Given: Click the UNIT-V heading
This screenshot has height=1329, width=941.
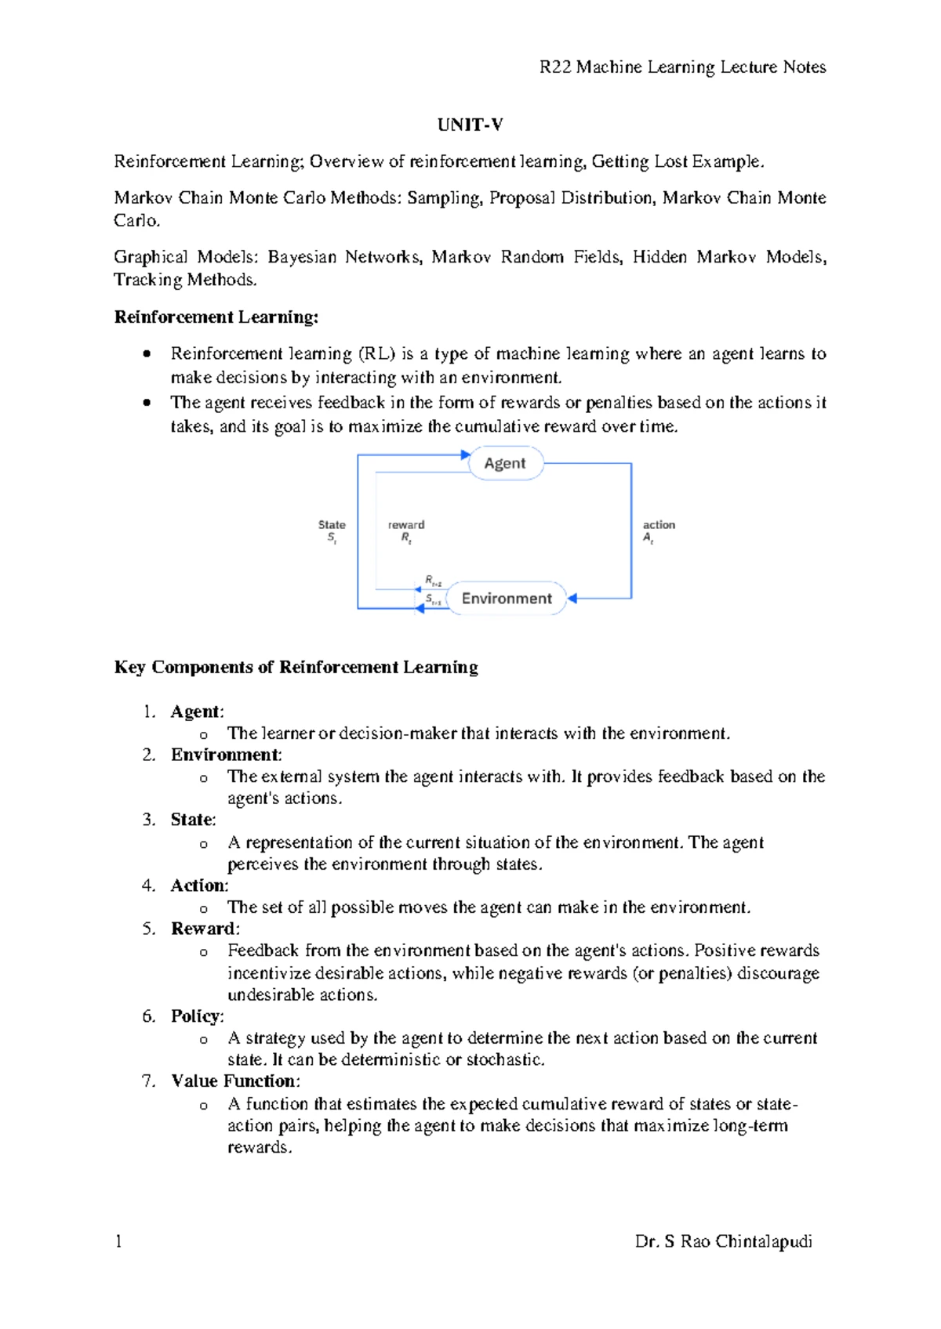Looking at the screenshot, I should pyautogui.click(x=470, y=125).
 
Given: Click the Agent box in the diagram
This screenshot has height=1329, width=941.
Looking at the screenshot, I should pyautogui.click(x=505, y=463).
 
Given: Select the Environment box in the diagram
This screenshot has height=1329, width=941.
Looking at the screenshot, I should pyautogui.click(x=506, y=599).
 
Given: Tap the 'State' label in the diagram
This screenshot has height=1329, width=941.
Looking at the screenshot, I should pyautogui.click(x=332, y=525).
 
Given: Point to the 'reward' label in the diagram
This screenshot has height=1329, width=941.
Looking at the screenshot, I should pyautogui.click(x=406, y=525).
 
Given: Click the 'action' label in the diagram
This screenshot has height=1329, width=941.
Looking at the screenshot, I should pyautogui.click(x=659, y=525).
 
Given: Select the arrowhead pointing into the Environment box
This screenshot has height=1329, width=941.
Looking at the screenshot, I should pyautogui.click(x=572, y=599).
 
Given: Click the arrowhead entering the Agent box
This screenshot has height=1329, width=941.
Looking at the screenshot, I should pyautogui.click(x=466, y=454).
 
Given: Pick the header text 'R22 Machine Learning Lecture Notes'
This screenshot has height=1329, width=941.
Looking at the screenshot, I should pyautogui.click(x=682, y=67).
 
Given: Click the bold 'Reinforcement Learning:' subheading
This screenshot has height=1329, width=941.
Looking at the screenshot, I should pyautogui.click(x=216, y=317).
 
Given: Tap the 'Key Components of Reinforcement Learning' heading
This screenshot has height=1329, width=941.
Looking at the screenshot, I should pyautogui.click(x=296, y=667).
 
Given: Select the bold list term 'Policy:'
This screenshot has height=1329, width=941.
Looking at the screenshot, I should pyautogui.click(x=197, y=1016).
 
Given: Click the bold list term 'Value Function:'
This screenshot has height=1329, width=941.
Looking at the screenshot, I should pyautogui.click(x=235, y=1081).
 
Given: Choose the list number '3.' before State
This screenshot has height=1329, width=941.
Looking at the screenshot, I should pyautogui.click(x=149, y=820).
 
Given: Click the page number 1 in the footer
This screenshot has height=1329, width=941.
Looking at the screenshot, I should pyautogui.click(x=118, y=1241).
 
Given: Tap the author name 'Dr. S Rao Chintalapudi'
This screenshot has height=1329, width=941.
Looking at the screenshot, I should pyautogui.click(x=723, y=1241).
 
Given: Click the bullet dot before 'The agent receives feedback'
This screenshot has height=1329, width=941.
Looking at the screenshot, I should pyautogui.click(x=147, y=403).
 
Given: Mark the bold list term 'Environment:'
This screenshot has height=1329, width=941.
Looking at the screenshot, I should pyautogui.click(x=226, y=755).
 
